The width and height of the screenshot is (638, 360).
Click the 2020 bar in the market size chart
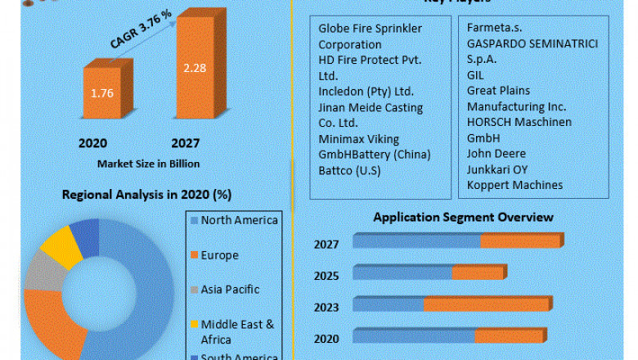(102, 92)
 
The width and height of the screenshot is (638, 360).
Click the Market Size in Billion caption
(148, 163)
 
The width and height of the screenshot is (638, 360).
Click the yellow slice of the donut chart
(61, 247)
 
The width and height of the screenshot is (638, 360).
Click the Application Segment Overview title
(463, 217)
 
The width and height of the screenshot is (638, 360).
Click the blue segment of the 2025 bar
(402, 272)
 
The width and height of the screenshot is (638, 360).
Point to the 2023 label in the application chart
(327, 307)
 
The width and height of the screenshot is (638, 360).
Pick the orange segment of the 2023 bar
(487, 304)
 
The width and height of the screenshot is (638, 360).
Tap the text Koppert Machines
(514, 185)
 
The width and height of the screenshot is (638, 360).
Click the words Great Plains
(498, 91)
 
